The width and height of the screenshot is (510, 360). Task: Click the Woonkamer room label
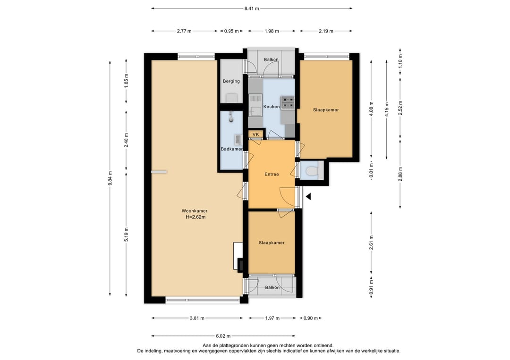click(195, 211)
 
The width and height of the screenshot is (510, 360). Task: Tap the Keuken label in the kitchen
click(271, 107)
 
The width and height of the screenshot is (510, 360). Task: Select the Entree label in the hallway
click(272, 174)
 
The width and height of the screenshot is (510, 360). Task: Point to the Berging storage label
click(231, 81)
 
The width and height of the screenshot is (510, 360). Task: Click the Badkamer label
click(231, 149)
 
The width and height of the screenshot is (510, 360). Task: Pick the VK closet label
click(255, 134)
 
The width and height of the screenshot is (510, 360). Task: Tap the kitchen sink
click(255, 105)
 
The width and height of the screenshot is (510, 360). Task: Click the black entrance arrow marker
click(308, 197)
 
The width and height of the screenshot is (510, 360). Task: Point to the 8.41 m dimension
click(252, 8)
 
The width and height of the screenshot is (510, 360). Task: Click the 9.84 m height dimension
click(110, 178)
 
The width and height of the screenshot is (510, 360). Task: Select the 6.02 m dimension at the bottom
click(223, 336)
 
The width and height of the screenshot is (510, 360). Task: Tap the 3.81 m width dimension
click(197, 318)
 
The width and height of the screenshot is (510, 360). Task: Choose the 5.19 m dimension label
click(126, 234)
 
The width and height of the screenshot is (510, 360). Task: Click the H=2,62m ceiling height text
click(195, 217)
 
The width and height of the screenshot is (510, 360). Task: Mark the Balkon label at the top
click(271, 59)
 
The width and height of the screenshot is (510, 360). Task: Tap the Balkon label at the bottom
click(272, 287)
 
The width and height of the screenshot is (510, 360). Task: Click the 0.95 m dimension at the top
click(231, 31)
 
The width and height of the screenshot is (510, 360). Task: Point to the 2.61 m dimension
click(371, 243)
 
